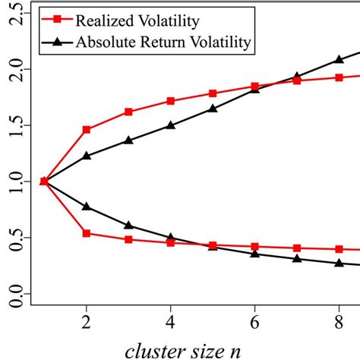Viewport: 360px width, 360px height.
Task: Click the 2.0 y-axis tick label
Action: click(x=13, y=69)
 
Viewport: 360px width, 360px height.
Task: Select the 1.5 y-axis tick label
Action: click(x=13, y=125)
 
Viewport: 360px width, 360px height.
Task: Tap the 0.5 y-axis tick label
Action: click(x=13, y=238)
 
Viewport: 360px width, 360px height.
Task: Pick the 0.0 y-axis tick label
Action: click(x=13, y=294)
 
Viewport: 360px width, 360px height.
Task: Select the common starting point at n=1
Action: click(x=44, y=182)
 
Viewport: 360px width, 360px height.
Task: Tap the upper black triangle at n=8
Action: click(x=339, y=59)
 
